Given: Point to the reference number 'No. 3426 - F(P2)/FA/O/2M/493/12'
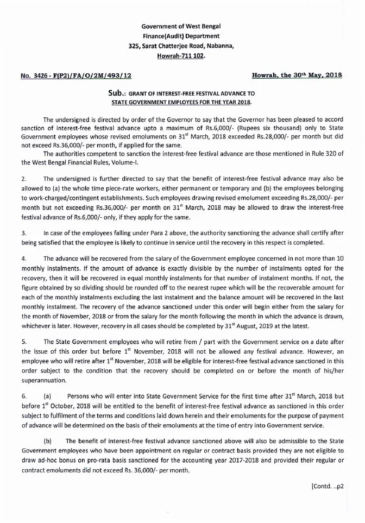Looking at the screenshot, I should click(x=75, y=77).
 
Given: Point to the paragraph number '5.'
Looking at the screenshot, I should click(x=24, y=342).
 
